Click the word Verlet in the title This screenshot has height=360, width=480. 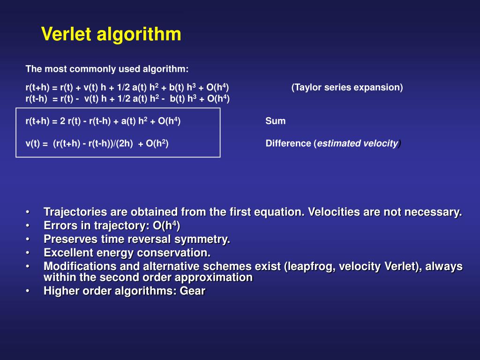(67, 34)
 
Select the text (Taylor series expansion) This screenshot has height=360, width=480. (347, 88)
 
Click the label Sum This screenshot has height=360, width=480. (275, 121)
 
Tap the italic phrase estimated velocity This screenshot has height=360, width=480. (358, 143)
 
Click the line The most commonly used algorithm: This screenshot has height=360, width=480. (107, 69)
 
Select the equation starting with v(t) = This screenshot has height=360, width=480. (97, 143)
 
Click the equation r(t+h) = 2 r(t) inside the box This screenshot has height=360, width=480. (103, 121)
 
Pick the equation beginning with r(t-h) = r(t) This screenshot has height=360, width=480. (127, 98)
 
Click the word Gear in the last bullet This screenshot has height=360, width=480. (193, 291)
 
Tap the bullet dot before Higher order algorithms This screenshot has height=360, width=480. (29, 291)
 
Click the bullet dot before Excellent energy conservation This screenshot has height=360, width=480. (29, 253)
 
